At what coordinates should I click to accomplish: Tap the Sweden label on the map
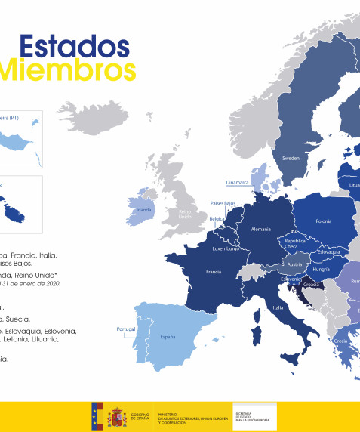tap(291, 159)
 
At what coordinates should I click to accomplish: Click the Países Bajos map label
tap(223, 204)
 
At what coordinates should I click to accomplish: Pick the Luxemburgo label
tap(226, 247)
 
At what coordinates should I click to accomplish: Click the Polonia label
tap(323, 222)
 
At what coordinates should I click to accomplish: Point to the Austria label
tap(294, 264)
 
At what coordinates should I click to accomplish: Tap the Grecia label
tap(341, 341)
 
